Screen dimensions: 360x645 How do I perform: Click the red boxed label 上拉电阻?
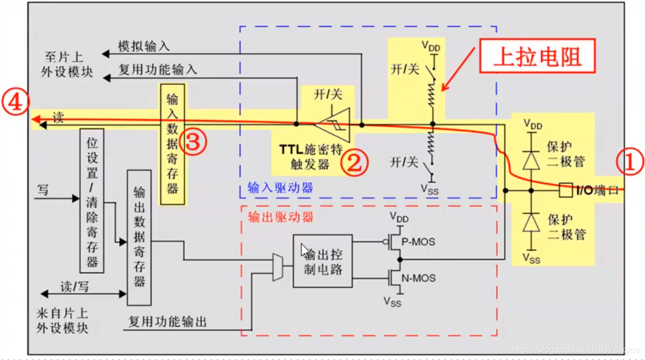click(537, 56)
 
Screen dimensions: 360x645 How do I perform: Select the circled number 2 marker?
click(355, 163)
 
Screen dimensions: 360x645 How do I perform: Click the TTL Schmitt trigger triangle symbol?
click(338, 124)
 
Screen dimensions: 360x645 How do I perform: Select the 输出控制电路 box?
click(322, 260)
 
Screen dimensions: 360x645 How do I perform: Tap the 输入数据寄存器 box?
click(172, 144)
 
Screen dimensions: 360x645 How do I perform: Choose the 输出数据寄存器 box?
click(139, 237)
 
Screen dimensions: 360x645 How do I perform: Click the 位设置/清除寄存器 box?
click(92, 200)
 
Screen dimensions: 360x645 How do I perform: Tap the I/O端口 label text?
click(597, 191)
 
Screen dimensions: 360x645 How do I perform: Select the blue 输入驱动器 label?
click(280, 188)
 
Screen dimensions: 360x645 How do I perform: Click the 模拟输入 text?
click(143, 47)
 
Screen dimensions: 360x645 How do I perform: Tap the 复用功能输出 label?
click(167, 322)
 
